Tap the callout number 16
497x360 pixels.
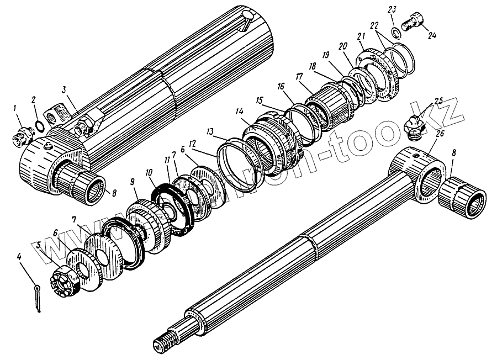pyautogui.click(x=281, y=87)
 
